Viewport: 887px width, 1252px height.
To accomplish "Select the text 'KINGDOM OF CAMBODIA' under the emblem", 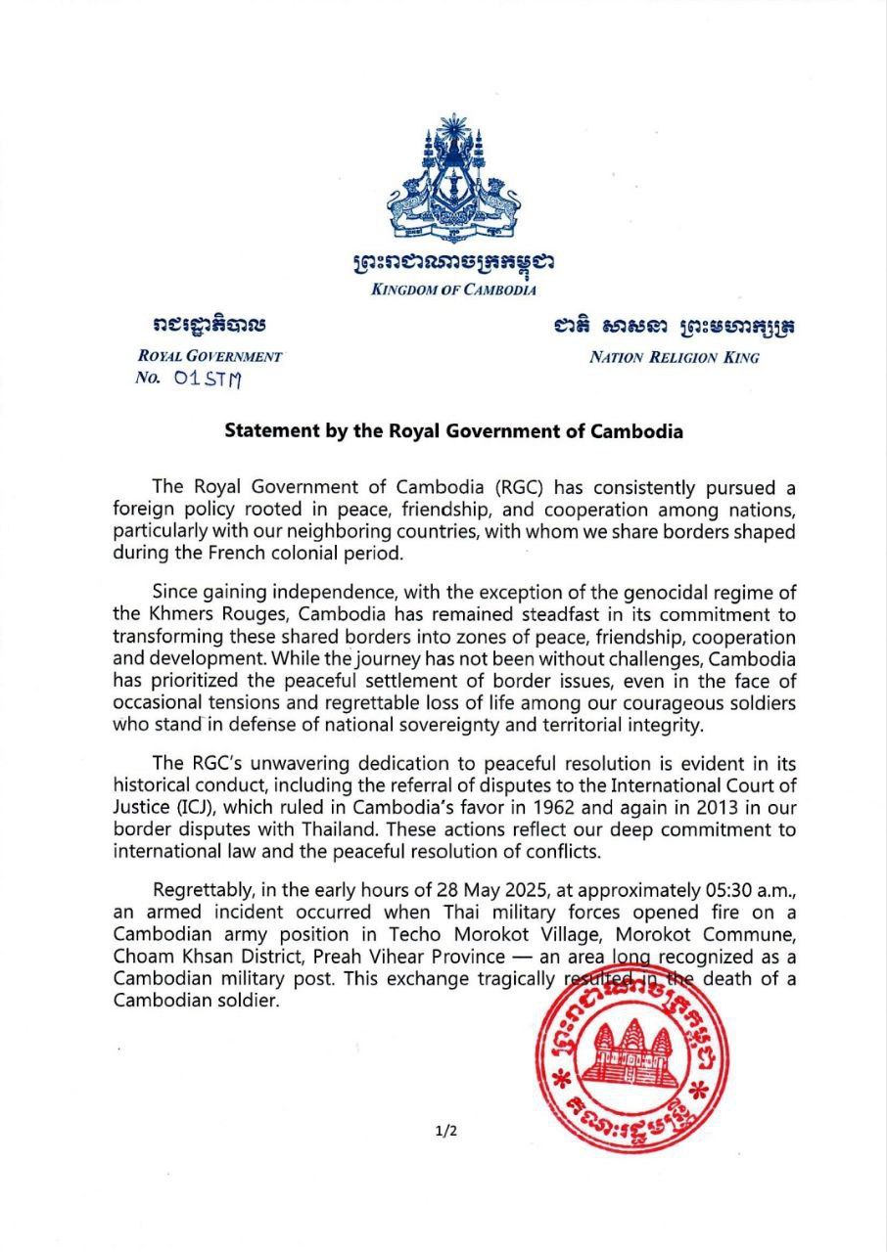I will click(452, 290).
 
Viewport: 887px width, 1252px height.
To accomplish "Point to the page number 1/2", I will click(446, 1132).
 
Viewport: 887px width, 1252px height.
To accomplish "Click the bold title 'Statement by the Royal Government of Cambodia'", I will click(453, 430).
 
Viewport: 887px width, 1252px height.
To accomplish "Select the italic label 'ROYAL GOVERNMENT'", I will click(210, 357).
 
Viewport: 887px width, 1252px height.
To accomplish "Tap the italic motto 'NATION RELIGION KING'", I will click(674, 357).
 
